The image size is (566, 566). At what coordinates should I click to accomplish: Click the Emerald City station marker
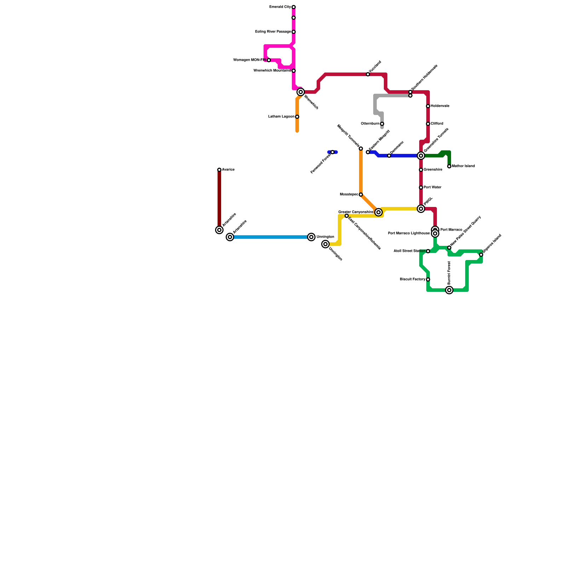coord(294,7)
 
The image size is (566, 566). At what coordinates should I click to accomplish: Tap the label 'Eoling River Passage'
coord(273,32)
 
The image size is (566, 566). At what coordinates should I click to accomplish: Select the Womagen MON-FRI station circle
coord(269,60)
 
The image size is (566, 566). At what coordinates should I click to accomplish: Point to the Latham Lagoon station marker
coord(297,117)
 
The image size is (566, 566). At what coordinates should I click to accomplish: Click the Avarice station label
coord(228,170)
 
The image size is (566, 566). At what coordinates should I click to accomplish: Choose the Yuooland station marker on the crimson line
coord(368,74)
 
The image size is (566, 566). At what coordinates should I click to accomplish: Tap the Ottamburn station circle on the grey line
coord(382,124)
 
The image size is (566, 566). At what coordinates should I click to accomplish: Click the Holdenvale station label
coord(440,106)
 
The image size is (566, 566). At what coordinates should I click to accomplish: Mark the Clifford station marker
coord(428,124)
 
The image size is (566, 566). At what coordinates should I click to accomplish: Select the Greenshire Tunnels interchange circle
coord(421,156)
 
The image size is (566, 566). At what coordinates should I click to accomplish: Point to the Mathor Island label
coord(463,166)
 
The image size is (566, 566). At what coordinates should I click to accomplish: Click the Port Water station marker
coord(421,187)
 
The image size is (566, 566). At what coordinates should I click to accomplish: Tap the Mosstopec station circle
coord(361,195)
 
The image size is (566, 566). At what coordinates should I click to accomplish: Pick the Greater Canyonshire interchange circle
coord(379,212)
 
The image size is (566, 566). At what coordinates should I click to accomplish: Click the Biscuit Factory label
coord(412,279)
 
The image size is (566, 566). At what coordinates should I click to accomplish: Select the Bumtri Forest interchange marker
coord(449,290)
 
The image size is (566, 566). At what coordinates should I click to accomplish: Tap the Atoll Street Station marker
coord(428,251)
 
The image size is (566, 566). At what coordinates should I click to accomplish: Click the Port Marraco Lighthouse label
coord(409,233)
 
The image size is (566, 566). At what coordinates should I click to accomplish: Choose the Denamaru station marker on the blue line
coord(389,156)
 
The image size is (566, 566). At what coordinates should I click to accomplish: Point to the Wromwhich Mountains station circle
coord(294,71)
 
